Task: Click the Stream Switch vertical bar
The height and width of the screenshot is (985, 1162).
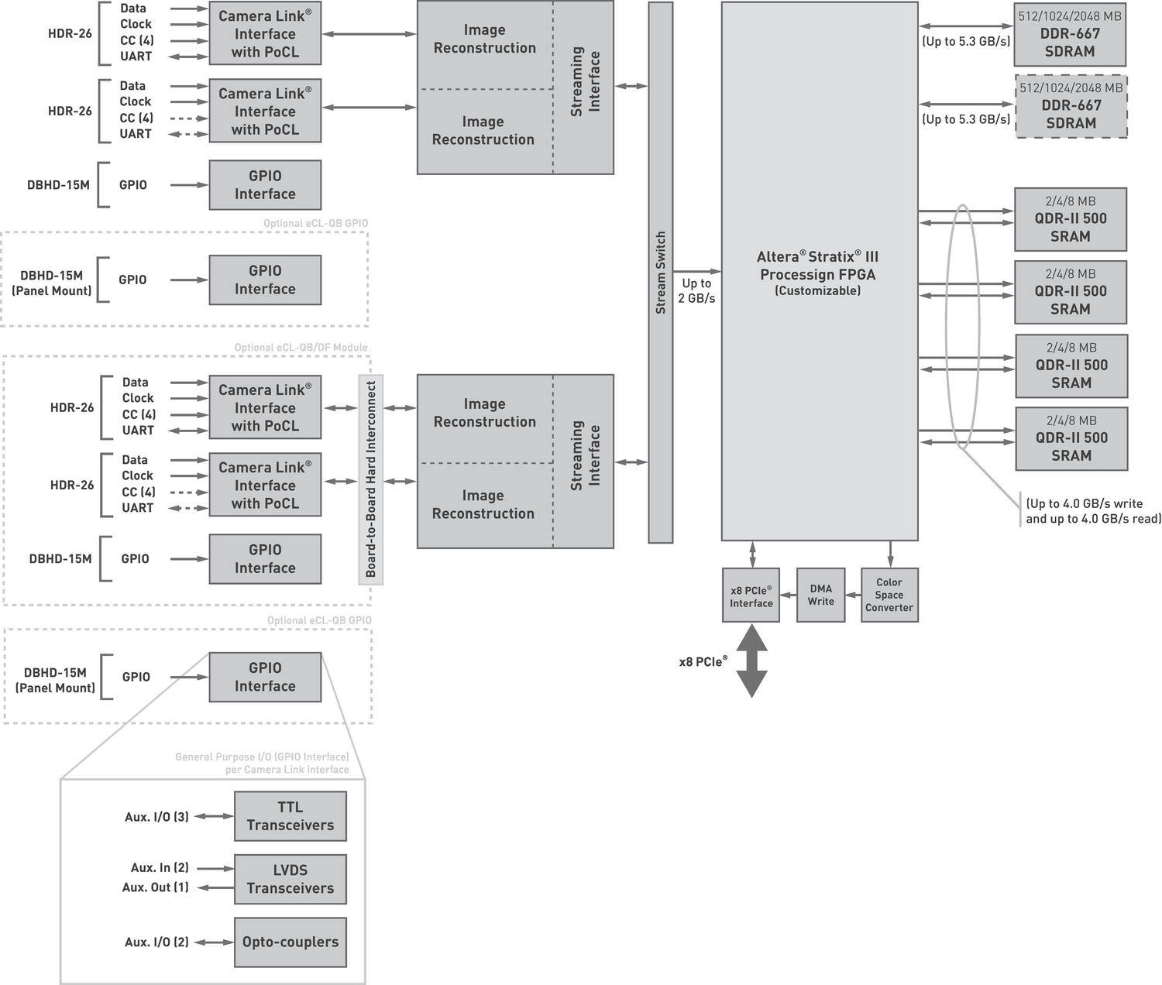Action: coord(660,272)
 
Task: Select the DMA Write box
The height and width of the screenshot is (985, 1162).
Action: coord(820,595)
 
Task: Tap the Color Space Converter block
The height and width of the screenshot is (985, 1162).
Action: coord(889,595)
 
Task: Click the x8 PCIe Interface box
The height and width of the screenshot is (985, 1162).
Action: coord(751,595)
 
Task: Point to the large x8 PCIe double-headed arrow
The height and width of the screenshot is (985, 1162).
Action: coord(751,661)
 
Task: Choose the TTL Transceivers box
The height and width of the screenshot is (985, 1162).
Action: coord(290,816)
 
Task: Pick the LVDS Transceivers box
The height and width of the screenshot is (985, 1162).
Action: coord(290,879)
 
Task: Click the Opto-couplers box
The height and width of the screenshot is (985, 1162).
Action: coord(290,942)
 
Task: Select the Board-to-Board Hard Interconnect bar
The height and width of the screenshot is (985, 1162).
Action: coord(370,479)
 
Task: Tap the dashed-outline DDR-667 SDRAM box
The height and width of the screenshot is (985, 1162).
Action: coord(1071,107)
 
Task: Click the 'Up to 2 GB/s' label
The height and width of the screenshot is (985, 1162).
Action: coord(696,290)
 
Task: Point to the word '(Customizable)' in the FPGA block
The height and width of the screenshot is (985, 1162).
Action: coord(817,291)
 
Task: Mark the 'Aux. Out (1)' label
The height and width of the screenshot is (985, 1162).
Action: coord(155,887)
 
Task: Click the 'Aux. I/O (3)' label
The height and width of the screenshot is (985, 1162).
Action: coord(156,817)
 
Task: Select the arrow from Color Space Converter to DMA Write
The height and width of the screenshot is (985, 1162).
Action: coord(853,595)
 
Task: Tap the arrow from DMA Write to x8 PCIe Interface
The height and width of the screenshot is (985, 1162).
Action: coord(788,595)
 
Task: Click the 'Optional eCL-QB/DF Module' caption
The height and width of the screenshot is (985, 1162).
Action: coord(301,348)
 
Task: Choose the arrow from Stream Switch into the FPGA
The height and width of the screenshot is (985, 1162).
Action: coord(697,271)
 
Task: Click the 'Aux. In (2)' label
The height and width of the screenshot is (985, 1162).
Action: coord(160,868)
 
